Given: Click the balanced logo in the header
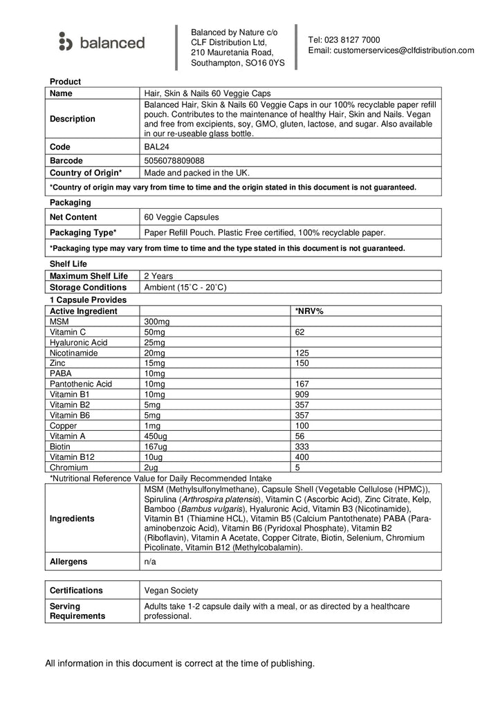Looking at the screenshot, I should tap(102, 43).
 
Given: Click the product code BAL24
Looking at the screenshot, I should tap(155, 147).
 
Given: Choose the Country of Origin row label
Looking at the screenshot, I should tap(86, 173).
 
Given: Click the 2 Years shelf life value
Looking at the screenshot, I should tap(158, 276).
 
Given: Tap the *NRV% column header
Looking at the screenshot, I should tap(309, 312).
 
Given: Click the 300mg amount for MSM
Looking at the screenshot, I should tap(156, 322).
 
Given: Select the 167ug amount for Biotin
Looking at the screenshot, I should tap(156, 446).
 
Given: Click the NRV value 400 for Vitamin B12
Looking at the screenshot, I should tap(302, 456).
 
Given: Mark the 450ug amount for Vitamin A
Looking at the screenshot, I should tap(156, 436).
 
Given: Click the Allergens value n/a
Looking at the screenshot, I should tap(150, 562).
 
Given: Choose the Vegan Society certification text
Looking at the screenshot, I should tap(171, 591).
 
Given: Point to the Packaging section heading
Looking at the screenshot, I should tap(71, 203).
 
